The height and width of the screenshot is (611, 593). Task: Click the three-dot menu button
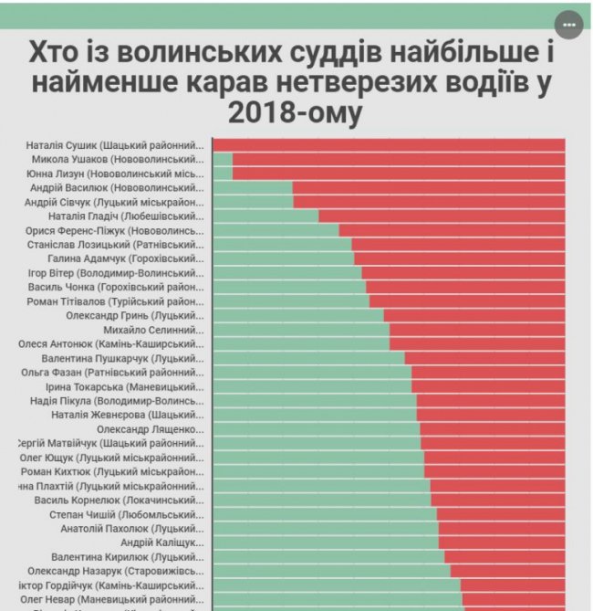click(x=569, y=25)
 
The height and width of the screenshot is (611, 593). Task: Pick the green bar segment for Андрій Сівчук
click(x=253, y=202)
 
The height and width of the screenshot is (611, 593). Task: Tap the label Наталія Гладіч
click(x=126, y=216)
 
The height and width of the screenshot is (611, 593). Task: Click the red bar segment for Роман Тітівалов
click(x=467, y=301)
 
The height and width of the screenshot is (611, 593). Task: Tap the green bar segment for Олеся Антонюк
click(x=301, y=343)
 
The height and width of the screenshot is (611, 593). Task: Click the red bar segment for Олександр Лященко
click(x=493, y=429)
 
